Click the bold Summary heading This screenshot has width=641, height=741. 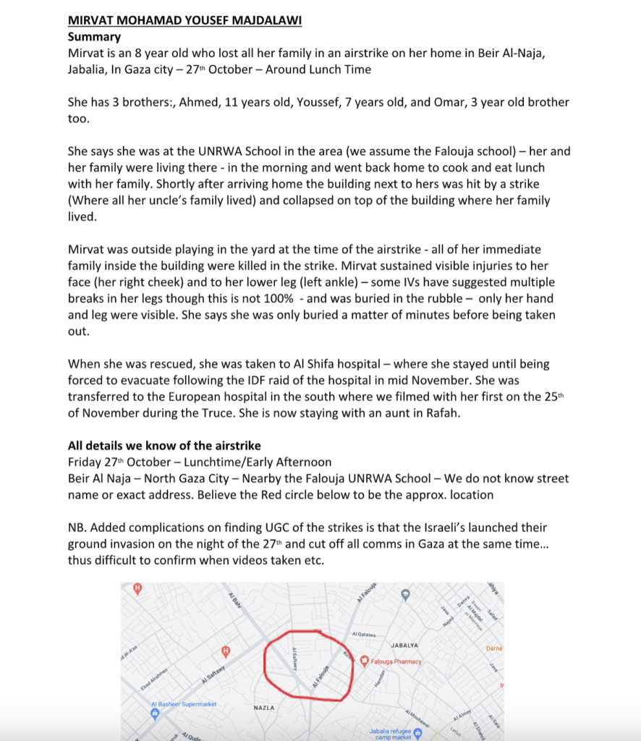pos(94,36)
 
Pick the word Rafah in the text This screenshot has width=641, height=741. pos(434,413)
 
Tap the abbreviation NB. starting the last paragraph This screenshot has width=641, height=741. pos(79,528)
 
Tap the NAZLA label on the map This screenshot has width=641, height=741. pos(263,708)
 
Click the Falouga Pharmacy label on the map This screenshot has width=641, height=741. pos(396,661)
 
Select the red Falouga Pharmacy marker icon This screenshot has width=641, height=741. pos(365,661)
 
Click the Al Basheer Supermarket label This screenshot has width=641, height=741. pos(183,704)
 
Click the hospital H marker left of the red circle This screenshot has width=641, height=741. pos(226,651)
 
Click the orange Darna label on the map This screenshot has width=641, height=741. pos(494,648)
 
